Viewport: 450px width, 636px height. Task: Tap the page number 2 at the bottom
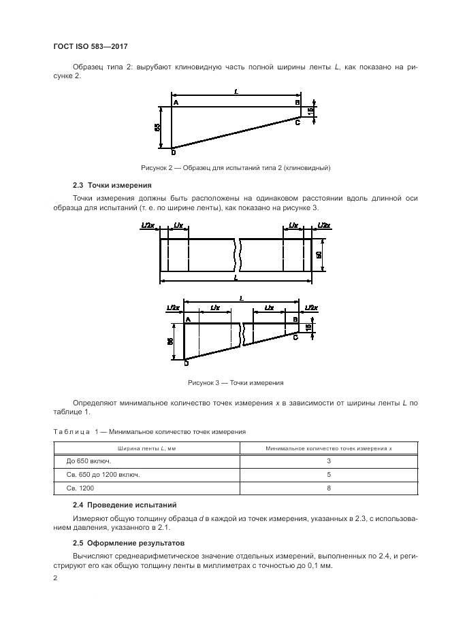coord(55,578)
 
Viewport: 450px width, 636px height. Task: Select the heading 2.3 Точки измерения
coord(112,185)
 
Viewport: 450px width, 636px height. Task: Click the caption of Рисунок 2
coord(235,167)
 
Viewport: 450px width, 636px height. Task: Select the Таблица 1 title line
coord(149,431)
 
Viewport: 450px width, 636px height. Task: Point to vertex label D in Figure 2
coord(172,151)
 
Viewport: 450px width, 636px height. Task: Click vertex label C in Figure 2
coord(298,122)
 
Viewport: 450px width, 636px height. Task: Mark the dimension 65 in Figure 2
coord(157,127)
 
